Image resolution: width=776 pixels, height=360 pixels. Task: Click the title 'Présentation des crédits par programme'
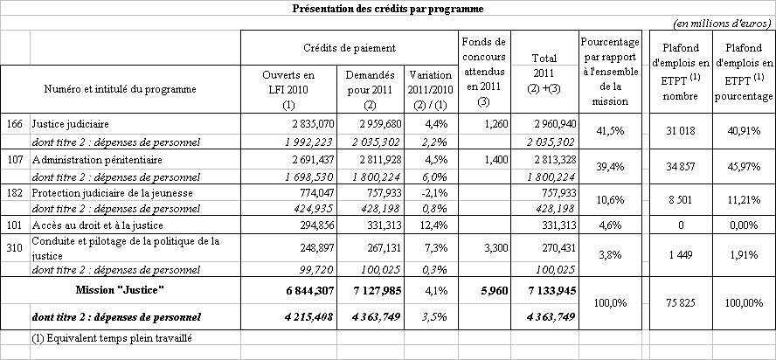click(388, 9)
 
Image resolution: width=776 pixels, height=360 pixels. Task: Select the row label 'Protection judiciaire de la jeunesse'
click(104, 192)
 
